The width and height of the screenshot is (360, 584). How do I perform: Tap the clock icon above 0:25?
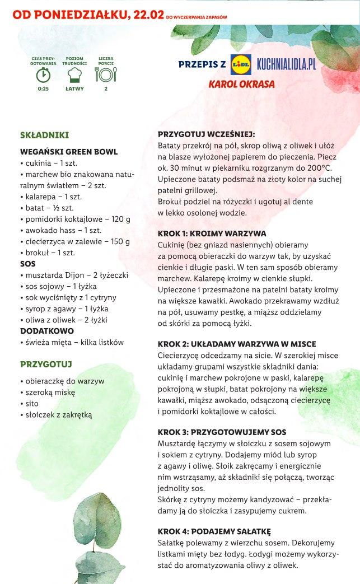pyautogui.click(x=43, y=74)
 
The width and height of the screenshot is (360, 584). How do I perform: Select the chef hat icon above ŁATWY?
pyautogui.click(x=74, y=74)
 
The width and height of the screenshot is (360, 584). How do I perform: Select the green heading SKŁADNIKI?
pyautogui.click(x=44, y=135)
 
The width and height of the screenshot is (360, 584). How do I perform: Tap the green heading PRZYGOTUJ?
pyautogui.click(x=46, y=365)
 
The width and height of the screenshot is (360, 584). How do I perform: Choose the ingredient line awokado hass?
pyautogui.click(x=63, y=230)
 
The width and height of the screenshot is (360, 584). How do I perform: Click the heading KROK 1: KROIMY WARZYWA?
pyautogui.click(x=212, y=233)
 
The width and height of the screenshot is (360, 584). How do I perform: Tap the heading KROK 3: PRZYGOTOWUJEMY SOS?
pyautogui.click(x=222, y=432)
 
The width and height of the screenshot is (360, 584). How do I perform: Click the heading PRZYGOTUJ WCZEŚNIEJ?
pyautogui.click(x=206, y=134)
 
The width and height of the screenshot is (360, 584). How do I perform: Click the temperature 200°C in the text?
pyautogui.click(x=319, y=168)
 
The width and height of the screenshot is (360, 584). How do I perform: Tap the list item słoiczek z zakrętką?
pyautogui.click(x=58, y=415)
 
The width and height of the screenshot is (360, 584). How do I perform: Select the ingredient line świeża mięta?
pyautogui.click(x=71, y=342)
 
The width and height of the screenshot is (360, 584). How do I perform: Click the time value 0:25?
pyautogui.click(x=43, y=88)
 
